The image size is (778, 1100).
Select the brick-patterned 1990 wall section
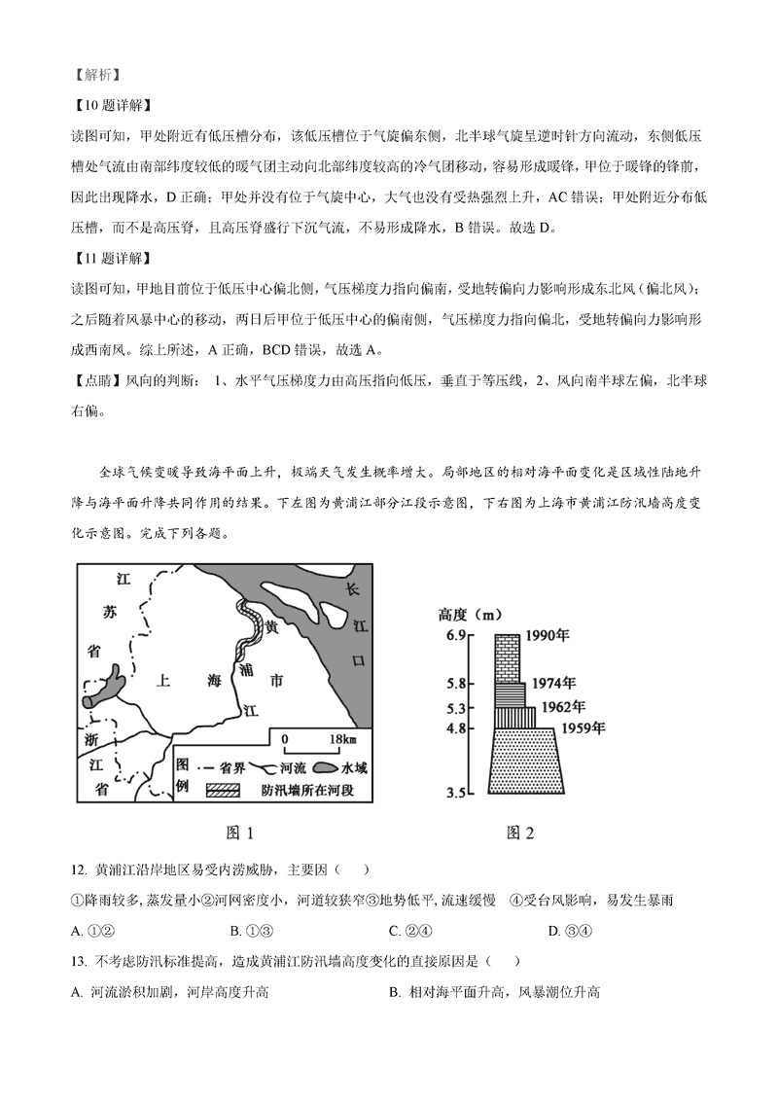[507, 658]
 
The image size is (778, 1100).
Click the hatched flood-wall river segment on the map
[249, 632]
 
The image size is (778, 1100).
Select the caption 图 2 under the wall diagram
[521, 834]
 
